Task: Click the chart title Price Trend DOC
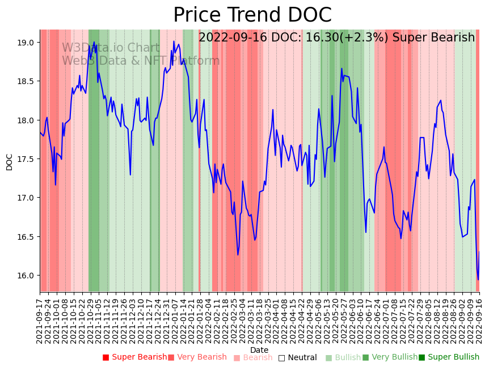coord(252,15)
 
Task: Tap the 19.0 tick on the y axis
coord(26,43)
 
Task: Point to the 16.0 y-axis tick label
coord(26,276)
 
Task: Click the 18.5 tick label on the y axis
coord(26,82)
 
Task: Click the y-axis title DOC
coord(10,161)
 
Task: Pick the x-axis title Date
coord(259,350)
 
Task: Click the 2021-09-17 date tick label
coord(40,320)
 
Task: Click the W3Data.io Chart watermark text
coord(111,48)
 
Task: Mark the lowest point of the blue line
coord(478,280)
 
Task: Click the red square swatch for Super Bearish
coord(106,357)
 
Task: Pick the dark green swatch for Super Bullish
coord(421,357)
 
